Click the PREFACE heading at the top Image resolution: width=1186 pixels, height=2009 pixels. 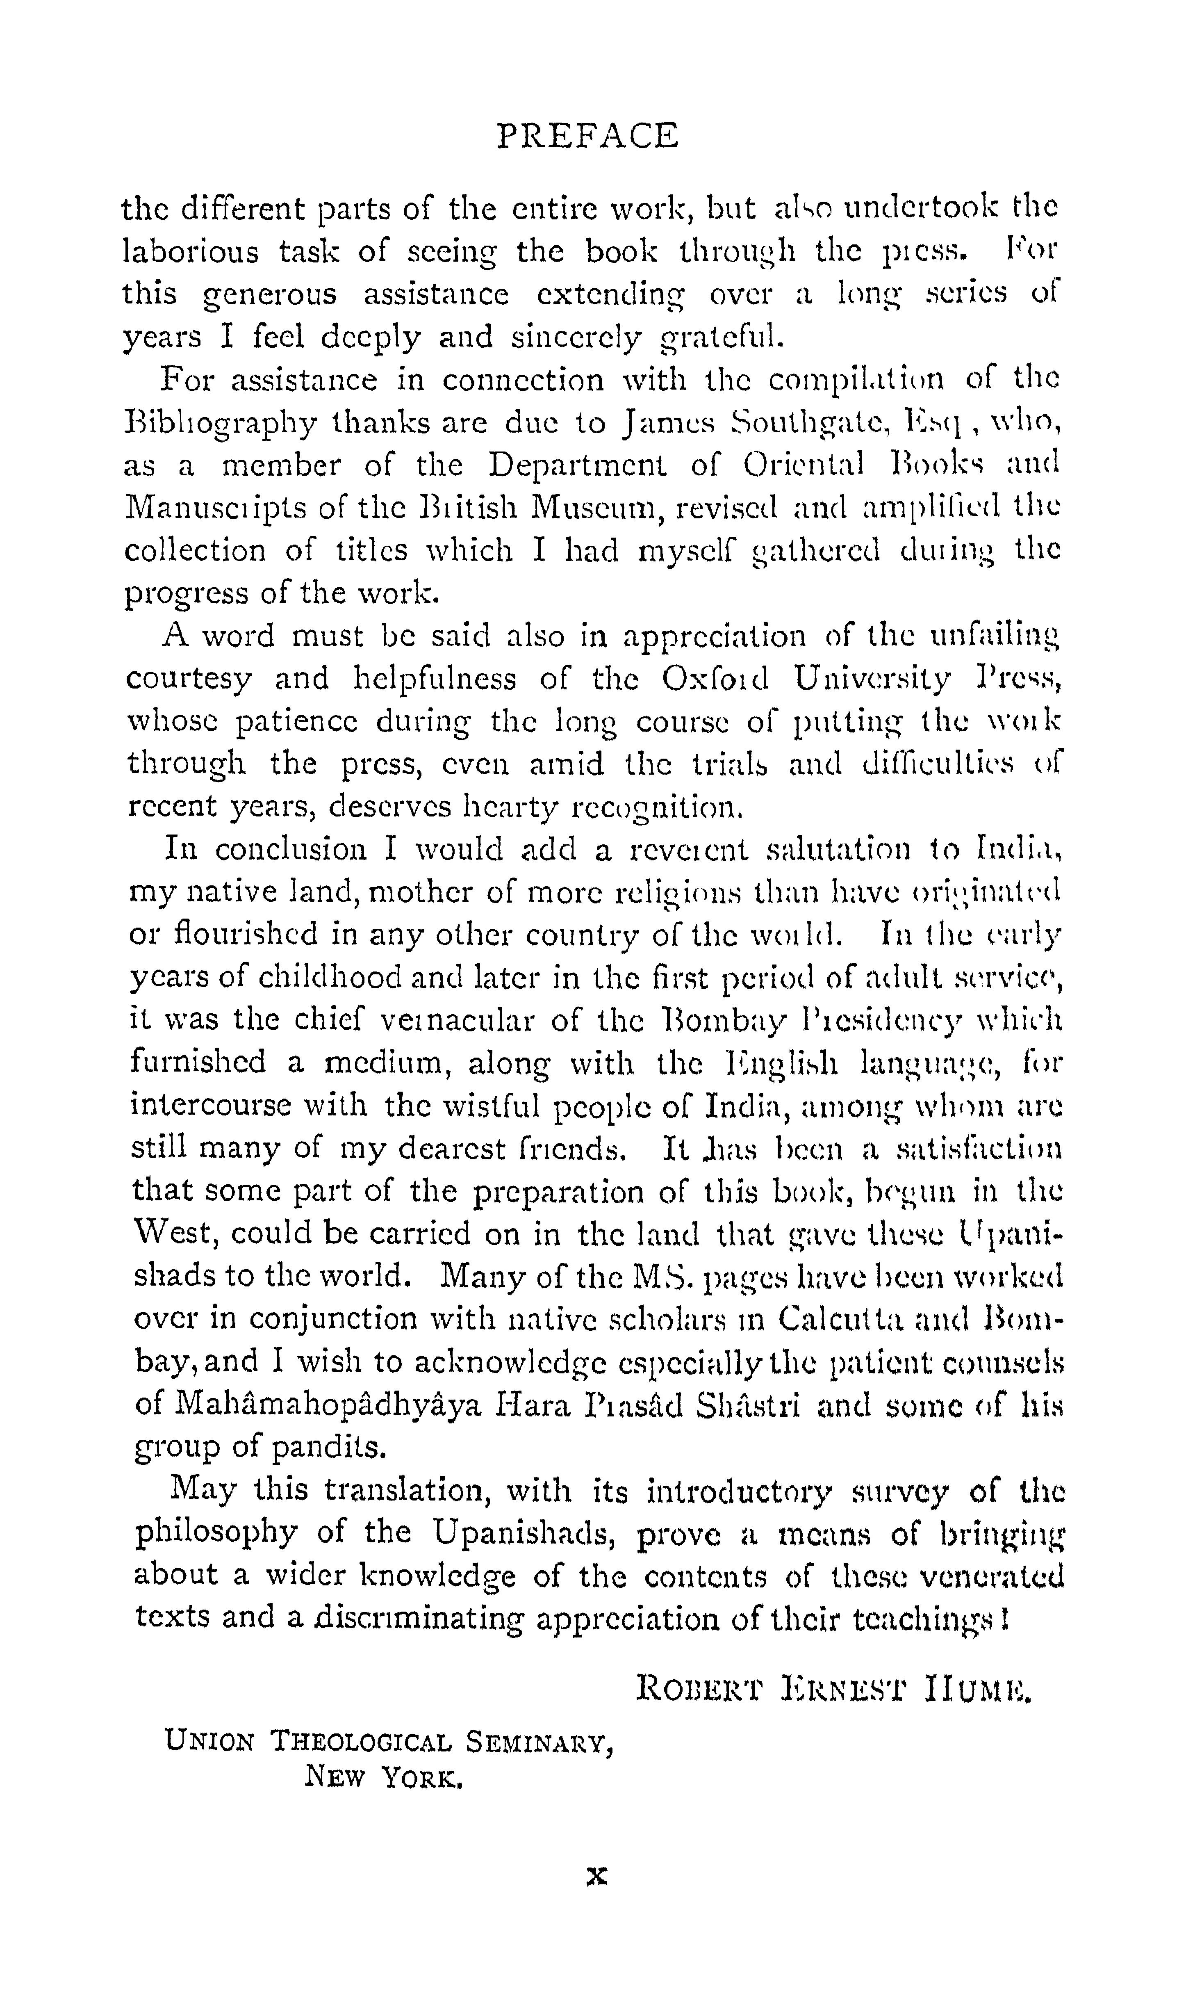587,136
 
